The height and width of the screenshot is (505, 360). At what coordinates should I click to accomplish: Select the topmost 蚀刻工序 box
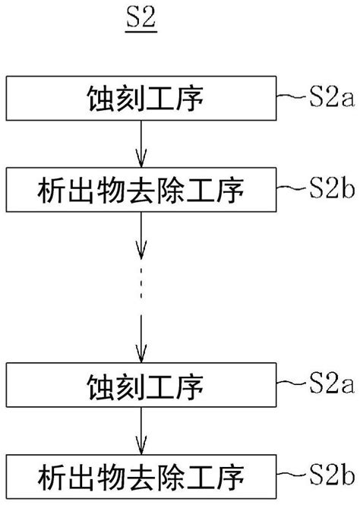140,99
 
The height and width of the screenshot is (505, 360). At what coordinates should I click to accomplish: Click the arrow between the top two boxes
140,144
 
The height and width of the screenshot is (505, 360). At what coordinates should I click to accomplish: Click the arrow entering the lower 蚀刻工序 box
140,338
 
